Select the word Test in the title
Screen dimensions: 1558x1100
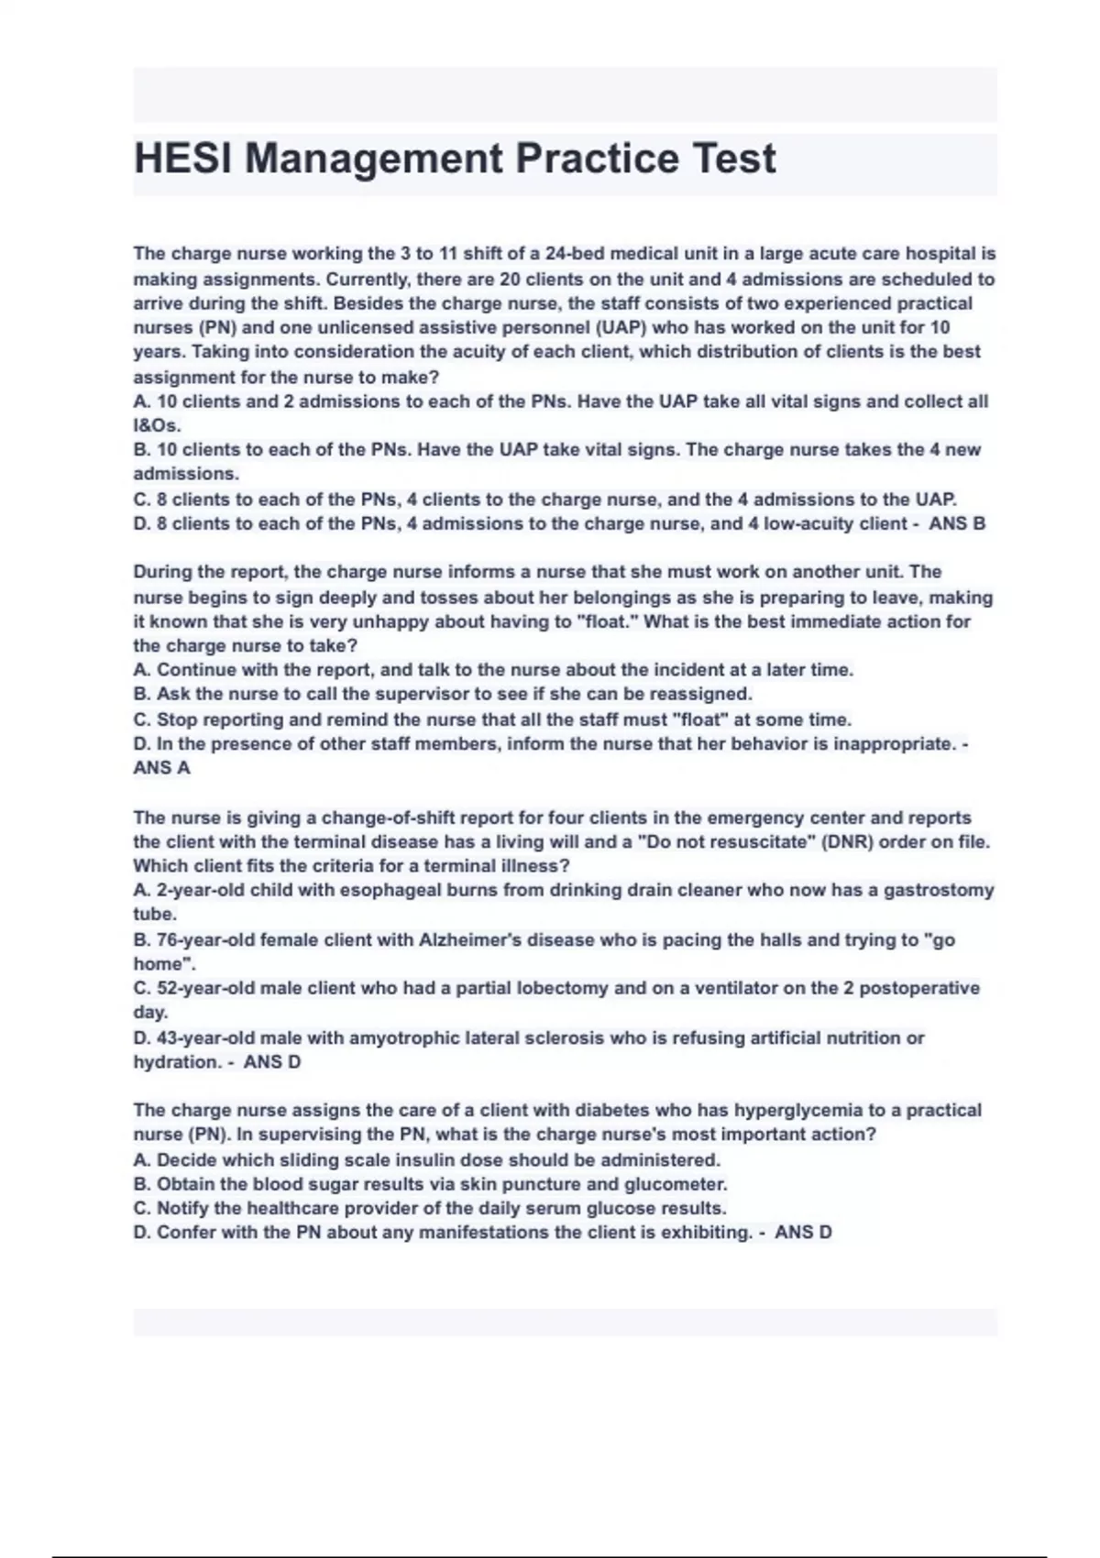tap(733, 159)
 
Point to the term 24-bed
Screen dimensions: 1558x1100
tap(574, 254)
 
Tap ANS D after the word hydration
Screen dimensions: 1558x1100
tap(272, 1062)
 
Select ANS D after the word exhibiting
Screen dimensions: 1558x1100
tap(803, 1233)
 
